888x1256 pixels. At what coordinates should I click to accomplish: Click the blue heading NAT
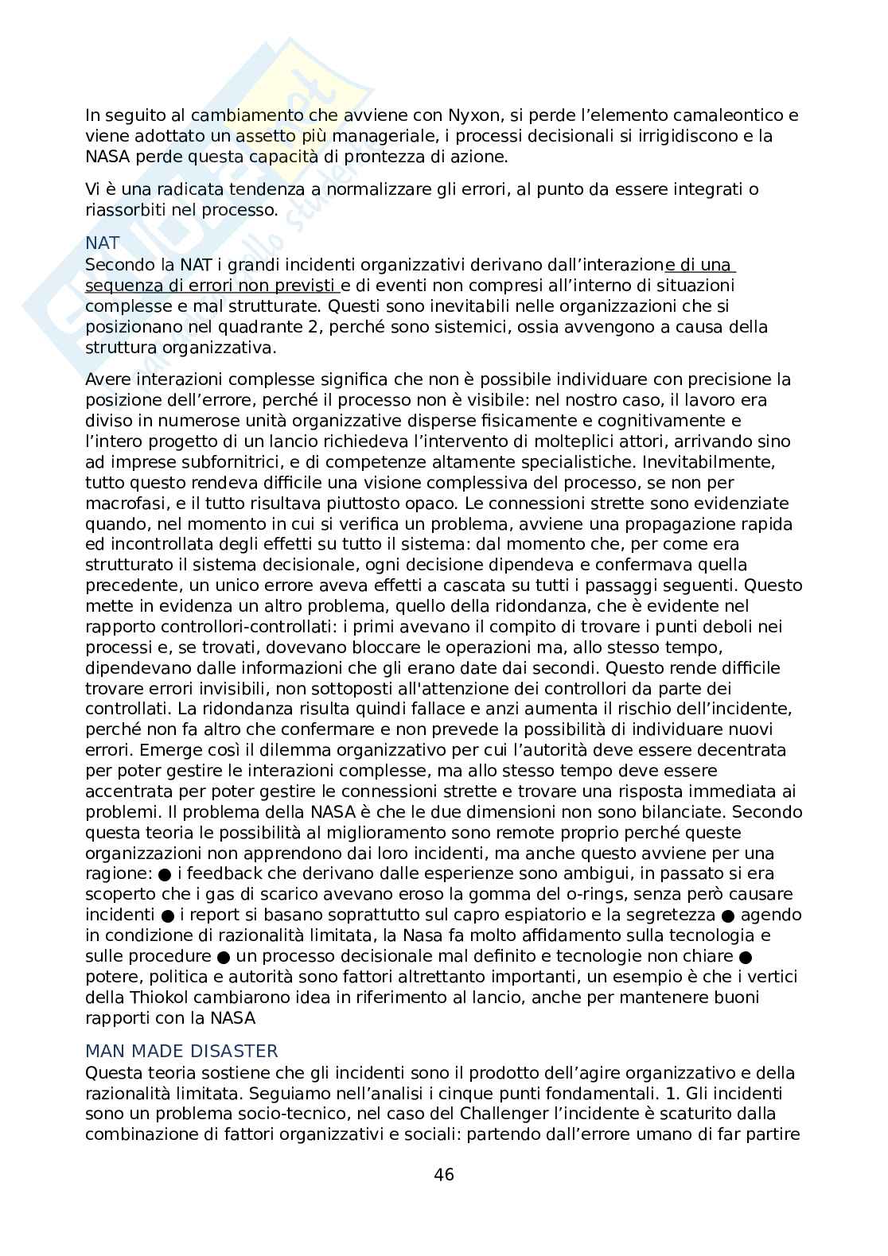click(x=103, y=243)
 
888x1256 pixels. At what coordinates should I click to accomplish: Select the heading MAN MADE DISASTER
click(x=181, y=1052)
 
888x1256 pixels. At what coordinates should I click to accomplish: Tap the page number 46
click(x=444, y=1175)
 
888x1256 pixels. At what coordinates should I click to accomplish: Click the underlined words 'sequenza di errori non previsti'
click(x=212, y=285)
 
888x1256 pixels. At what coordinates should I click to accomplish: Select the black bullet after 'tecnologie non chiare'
click(x=745, y=955)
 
